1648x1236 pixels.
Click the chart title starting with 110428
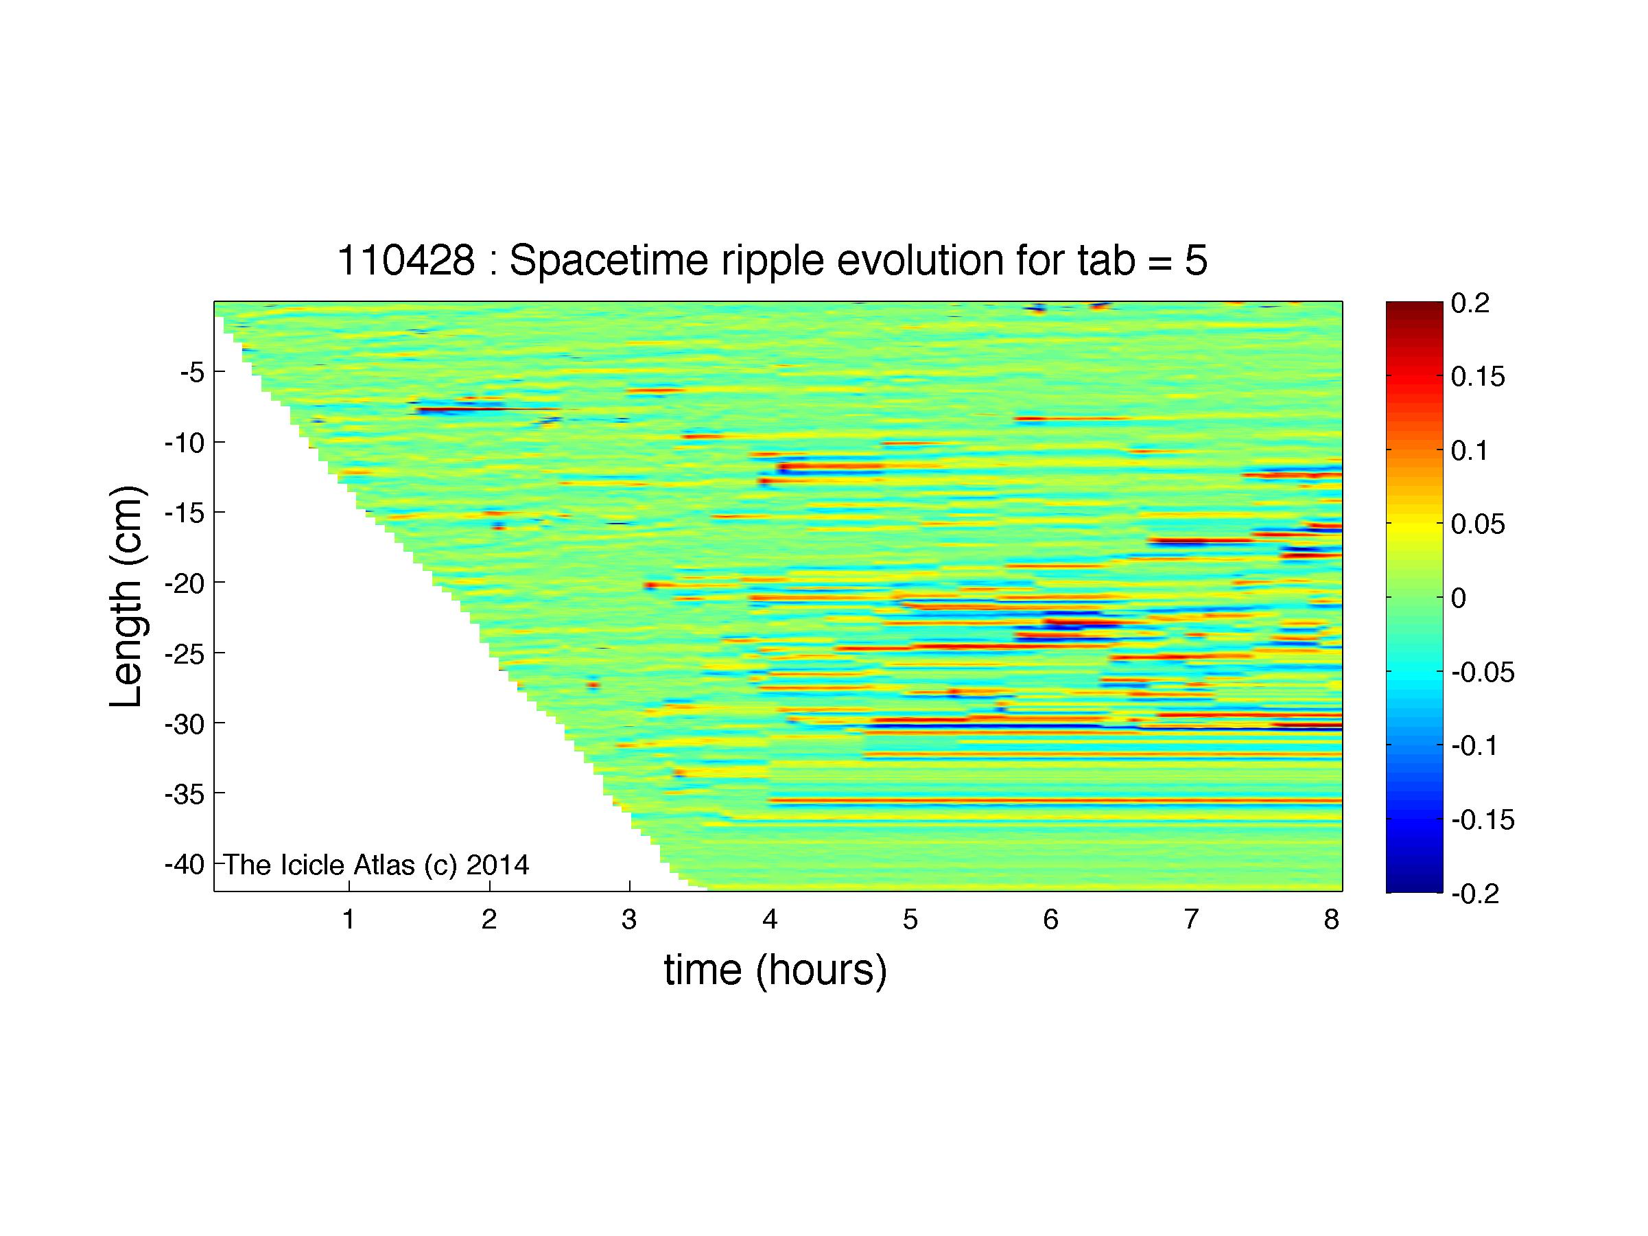pyautogui.click(x=773, y=261)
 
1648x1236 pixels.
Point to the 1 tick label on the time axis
pyautogui.click(x=348, y=920)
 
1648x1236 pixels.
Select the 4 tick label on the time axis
pyautogui.click(x=770, y=920)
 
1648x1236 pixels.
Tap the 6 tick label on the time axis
pyautogui.click(x=1050, y=920)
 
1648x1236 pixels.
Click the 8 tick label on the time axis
pyautogui.click(x=1332, y=920)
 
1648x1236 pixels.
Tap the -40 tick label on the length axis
pyautogui.click(x=185, y=864)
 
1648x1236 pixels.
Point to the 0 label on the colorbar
pyautogui.click(x=1459, y=598)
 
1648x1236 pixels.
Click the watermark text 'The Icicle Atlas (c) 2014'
pyautogui.click(x=376, y=865)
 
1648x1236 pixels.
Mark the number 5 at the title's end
pyautogui.click(x=1197, y=261)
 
